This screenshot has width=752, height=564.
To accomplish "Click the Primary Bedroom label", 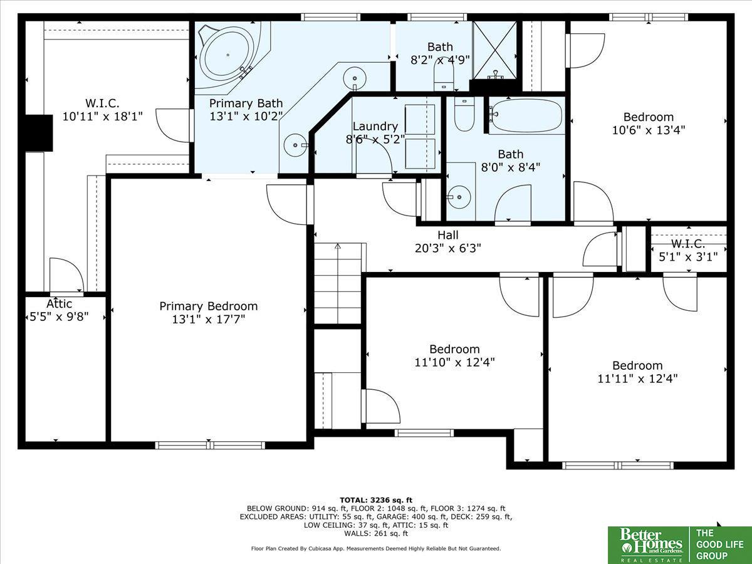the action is tap(208, 306).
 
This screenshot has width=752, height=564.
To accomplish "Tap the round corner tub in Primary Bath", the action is tap(227, 55).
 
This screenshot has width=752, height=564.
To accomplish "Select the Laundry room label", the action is tap(375, 126).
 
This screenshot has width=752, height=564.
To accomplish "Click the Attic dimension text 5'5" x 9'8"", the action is tap(60, 316).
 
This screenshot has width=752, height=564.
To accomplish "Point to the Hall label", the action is tap(448, 235).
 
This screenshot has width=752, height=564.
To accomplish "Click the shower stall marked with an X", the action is tap(494, 50).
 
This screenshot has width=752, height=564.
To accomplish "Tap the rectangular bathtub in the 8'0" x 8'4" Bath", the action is tap(526, 115).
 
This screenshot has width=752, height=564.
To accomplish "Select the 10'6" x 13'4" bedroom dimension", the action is tap(648, 130).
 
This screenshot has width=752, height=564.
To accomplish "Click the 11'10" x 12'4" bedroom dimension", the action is tap(454, 362).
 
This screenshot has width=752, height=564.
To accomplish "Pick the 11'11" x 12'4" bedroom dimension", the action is tap(637, 379).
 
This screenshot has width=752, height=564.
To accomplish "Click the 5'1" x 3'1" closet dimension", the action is tap(688, 256).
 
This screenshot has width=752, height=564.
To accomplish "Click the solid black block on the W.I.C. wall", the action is tap(39, 133).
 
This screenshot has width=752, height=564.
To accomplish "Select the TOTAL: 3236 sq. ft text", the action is tap(376, 500).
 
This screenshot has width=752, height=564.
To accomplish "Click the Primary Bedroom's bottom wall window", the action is tap(210, 445).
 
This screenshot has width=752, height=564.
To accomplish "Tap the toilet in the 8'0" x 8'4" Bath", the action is tap(464, 115).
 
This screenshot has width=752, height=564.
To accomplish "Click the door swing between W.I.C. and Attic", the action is tap(66, 274).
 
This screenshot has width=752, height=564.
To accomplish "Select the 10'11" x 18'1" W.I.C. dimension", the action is tap(102, 117).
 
